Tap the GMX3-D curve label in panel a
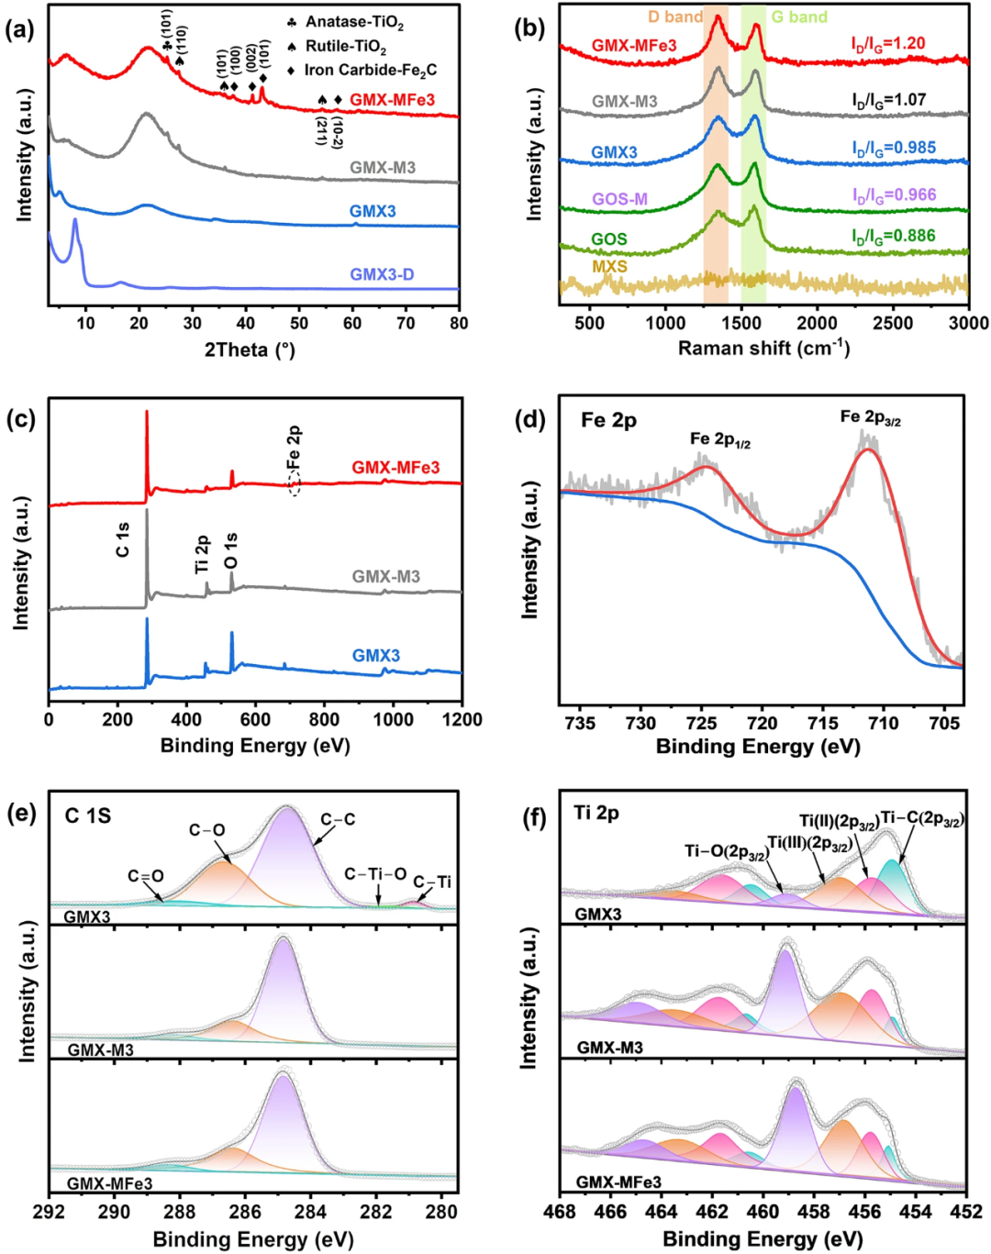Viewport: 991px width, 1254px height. tap(382, 274)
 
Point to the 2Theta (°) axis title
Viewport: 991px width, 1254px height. tap(250, 350)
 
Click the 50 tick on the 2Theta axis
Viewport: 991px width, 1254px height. tap(299, 323)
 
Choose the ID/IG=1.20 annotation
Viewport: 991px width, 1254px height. tap(888, 43)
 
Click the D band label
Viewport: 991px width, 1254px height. tap(675, 17)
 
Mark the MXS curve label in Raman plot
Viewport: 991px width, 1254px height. tap(609, 266)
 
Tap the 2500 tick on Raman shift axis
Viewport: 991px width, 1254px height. tap(893, 323)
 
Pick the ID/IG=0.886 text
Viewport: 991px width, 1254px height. tap(893, 236)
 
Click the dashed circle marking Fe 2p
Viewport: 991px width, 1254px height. tap(295, 483)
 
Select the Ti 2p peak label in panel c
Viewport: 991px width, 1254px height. tap(202, 554)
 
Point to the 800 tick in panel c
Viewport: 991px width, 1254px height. tap(324, 719)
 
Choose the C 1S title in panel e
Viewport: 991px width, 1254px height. tap(88, 816)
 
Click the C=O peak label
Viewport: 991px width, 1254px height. tap(146, 876)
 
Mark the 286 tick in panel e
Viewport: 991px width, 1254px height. tap(245, 1211)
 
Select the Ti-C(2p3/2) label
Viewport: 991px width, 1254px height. tap(921, 818)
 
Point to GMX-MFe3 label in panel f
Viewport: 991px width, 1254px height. tap(618, 1182)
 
